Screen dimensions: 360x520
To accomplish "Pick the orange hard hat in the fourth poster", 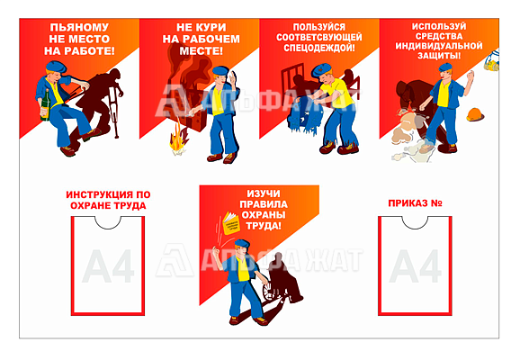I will [x=474, y=114].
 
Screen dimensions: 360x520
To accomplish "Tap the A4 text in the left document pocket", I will [x=108, y=266].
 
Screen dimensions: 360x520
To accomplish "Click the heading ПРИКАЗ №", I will [x=415, y=202].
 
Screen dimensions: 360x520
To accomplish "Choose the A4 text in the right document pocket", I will [x=415, y=266].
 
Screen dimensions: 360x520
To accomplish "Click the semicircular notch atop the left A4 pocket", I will [x=108, y=221].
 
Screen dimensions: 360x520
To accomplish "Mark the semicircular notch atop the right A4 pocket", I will [x=415, y=221].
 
